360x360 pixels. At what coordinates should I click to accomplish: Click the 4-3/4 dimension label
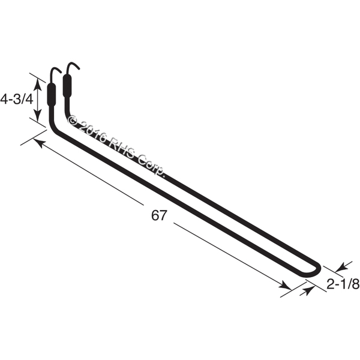[17, 100]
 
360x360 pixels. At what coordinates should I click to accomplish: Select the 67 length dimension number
[158, 215]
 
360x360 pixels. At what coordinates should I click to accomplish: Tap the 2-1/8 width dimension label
[343, 284]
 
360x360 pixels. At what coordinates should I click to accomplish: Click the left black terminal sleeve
[51, 94]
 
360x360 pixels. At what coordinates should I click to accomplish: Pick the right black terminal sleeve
[67, 86]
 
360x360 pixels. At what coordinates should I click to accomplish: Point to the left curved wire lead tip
[61, 72]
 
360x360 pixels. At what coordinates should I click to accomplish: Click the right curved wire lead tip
[79, 68]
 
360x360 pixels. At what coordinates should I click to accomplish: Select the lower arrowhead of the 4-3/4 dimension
[38, 115]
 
